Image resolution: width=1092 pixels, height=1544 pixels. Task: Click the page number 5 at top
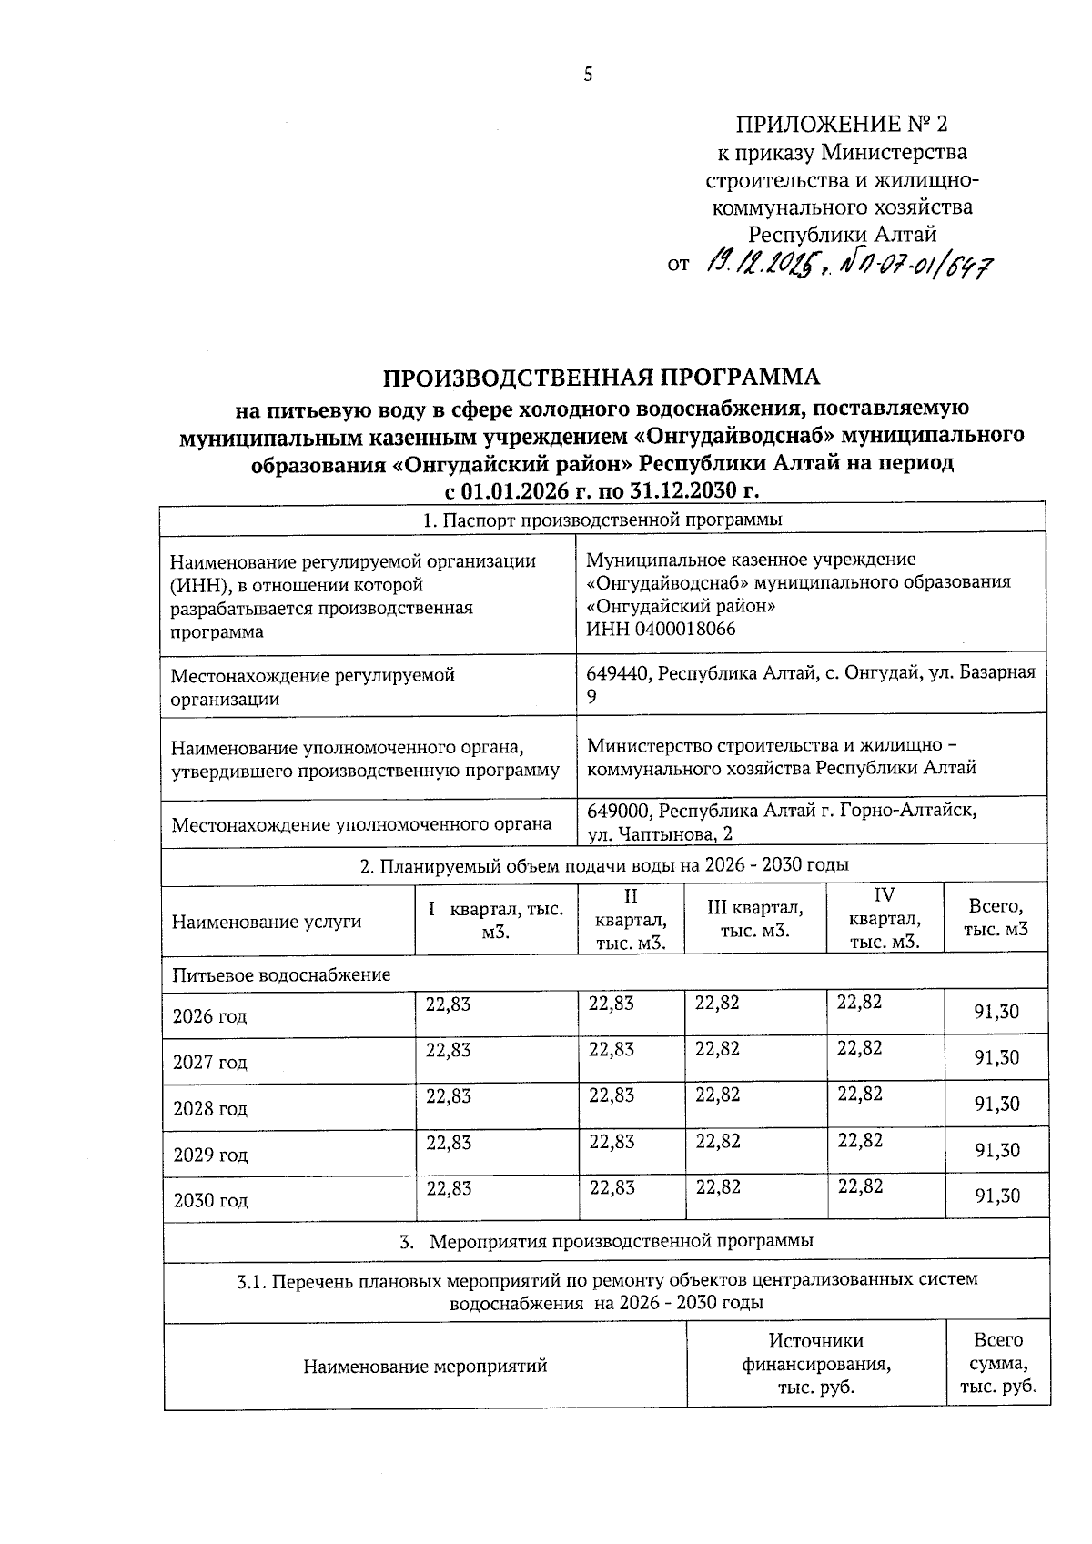588,75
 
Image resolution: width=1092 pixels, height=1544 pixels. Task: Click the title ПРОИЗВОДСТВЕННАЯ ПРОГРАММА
601,377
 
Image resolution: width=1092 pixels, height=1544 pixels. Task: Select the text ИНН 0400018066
661,629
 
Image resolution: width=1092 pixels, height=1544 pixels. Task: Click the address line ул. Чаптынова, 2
660,833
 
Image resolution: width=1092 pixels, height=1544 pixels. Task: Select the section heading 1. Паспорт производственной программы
602,520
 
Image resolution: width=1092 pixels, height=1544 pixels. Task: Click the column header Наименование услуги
266,921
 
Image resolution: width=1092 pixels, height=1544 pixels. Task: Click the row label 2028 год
210,1108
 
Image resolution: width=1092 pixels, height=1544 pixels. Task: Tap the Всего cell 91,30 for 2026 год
997,1012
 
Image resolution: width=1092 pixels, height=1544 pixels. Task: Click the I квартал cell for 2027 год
449,1049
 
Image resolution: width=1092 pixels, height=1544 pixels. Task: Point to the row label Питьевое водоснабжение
281,974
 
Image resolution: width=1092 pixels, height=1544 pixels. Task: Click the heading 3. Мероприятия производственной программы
606,1240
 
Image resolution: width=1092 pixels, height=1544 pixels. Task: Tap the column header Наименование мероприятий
425,1366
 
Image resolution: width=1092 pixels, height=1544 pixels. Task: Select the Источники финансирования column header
815,1364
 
